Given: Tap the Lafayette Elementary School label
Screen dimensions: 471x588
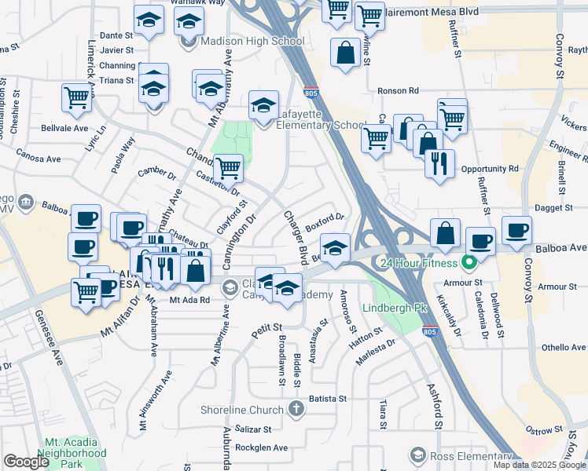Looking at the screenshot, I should click(x=321, y=124).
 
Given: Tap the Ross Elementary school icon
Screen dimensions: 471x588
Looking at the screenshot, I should click(x=417, y=455).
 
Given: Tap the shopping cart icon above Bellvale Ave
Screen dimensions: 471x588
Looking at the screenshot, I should click(x=77, y=98).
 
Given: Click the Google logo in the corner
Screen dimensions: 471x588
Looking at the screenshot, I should click(x=27, y=462).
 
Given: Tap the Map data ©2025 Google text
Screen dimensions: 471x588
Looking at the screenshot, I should click(x=538, y=465).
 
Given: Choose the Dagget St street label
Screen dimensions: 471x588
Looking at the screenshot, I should click(x=554, y=208).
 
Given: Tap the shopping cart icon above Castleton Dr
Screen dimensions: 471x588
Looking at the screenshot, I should click(x=228, y=166).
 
